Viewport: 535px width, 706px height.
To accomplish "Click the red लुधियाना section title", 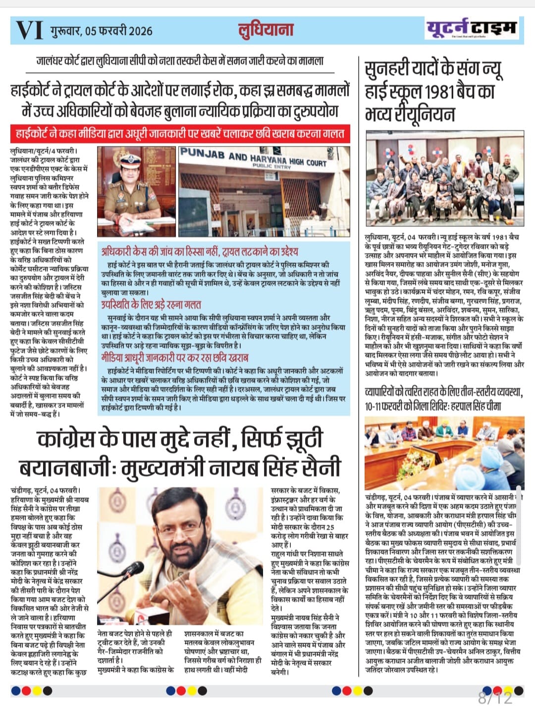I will coord(266,30).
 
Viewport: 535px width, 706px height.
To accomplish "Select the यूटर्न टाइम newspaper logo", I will coord(472,29).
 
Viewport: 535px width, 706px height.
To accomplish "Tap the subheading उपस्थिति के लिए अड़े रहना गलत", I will coord(151,304).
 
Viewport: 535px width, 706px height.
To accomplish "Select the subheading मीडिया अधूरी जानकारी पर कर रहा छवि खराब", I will coord(175,357).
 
